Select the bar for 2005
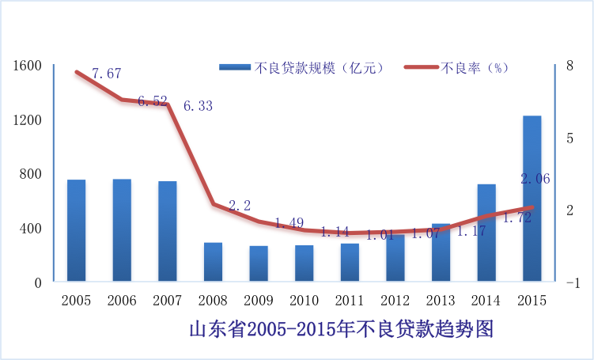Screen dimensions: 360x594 pyautogui.click(x=76, y=230)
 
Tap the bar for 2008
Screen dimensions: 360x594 pyautogui.click(x=213, y=261)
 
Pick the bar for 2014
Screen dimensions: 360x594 pyautogui.click(x=486, y=233)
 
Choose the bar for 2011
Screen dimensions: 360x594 pyautogui.click(x=350, y=262)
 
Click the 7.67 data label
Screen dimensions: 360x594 pyautogui.click(x=106, y=74)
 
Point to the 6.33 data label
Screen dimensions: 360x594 pyautogui.click(x=198, y=106)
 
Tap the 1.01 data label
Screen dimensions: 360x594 pyautogui.click(x=380, y=234)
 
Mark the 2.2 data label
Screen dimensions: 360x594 pyautogui.click(x=240, y=206)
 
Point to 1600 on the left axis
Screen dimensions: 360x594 pyautogui.click(x=26, y=66)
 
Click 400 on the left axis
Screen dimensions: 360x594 pyautogui.click(x=31, y=229)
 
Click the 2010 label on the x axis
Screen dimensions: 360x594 pyautogui.click(x=304, y=301)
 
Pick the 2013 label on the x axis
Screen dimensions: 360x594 pyautogui.click(x=441, y=301)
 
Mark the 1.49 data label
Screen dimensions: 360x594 pyautogui.click(x=289, y=223)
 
